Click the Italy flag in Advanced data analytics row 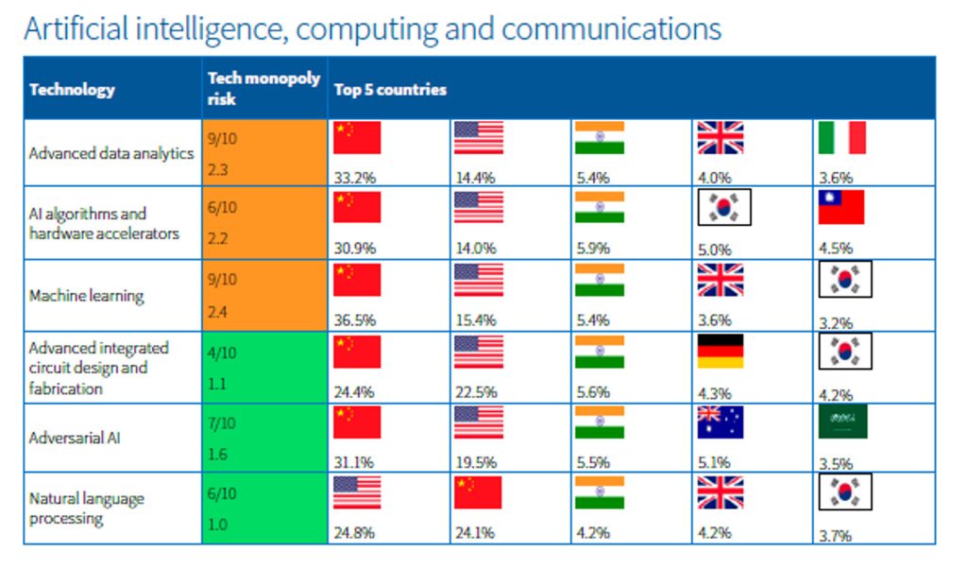pos(841,138)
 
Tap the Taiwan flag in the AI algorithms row pos(841,207)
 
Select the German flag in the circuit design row pos(721,352)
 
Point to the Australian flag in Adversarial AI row pos(721,422)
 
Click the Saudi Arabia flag pos(842,422)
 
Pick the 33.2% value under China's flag pos(355,178)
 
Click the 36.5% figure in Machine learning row pos(355,320)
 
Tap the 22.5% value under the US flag pos(476,392)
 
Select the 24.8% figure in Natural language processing pos(354,532)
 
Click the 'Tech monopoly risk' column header pos(263,88)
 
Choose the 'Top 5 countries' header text pos(390,90)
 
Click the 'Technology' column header pos(72,90)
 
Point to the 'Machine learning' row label pos(86,296)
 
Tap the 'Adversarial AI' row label pos(75,438)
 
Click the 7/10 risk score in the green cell pos(222,423)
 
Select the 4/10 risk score pos(222,353)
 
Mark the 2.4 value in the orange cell pos(218,312)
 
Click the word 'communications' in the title pos(611,29)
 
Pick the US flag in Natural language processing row pos(357,492)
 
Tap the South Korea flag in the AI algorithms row pos(724,207)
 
